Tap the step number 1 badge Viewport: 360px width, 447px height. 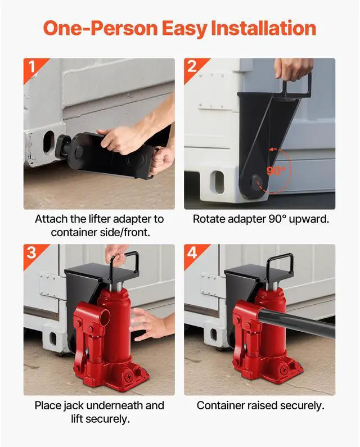31,67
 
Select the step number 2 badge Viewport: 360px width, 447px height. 192,67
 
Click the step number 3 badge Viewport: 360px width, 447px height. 31,252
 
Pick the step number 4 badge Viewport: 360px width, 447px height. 192,252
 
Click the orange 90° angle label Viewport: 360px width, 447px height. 276,170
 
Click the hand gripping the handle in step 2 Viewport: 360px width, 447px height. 294,68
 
